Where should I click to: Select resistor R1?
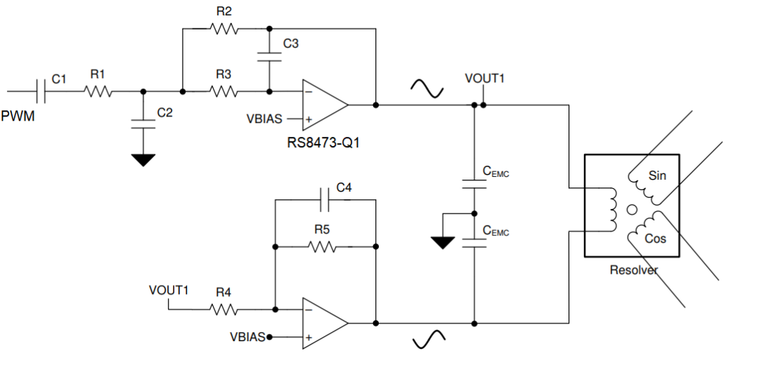[98, 91]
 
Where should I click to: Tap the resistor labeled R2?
[224, 29]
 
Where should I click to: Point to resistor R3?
[224, 91]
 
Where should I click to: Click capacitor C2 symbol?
[143, 124]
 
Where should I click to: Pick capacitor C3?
[267, 56]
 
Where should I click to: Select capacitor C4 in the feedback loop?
[325, 200]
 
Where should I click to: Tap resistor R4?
[224, 308]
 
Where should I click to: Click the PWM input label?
[18, 116]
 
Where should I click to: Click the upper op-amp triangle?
[324, 105]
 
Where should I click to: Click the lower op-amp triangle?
[324, 323]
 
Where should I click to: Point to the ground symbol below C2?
[143, 160]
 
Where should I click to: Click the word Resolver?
[633, 270]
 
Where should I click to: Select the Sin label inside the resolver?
[657, 175]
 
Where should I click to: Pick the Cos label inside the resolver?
[655, 239]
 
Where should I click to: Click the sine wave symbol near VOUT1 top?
[427, 88]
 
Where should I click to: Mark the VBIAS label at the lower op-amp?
[247, 337]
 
